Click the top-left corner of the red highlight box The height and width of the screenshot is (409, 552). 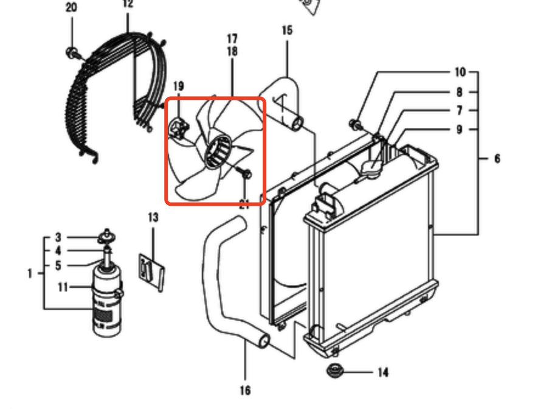click(x=165, y=98)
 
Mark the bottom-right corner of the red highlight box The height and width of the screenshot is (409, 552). click(x=264, y=204)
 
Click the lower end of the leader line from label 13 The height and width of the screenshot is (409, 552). click(x=153, y=262)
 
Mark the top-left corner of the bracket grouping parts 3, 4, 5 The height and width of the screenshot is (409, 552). click(x=44, y=237)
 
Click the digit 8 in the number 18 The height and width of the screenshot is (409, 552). click(x=235, y=52)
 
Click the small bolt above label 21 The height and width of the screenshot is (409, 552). click(x=245, y=173)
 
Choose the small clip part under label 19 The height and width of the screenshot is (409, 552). click(x=179, y=128)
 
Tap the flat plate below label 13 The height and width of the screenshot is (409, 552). click(x=152, y=272)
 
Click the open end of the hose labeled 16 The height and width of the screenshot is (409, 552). click(x=264, y=341)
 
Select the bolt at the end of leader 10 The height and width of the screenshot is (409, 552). click(x=355, y=124)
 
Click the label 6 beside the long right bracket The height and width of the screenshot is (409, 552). click(x=497, y=159)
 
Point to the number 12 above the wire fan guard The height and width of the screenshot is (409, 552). click(x=128, y=4)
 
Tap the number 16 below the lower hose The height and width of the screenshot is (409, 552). click(x=245, y=390)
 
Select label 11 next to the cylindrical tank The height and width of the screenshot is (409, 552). click(x=63, y=287)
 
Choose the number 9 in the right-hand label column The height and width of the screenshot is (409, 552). click(x=460, y=130)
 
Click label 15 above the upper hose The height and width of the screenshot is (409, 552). click(x=287, y=30)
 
